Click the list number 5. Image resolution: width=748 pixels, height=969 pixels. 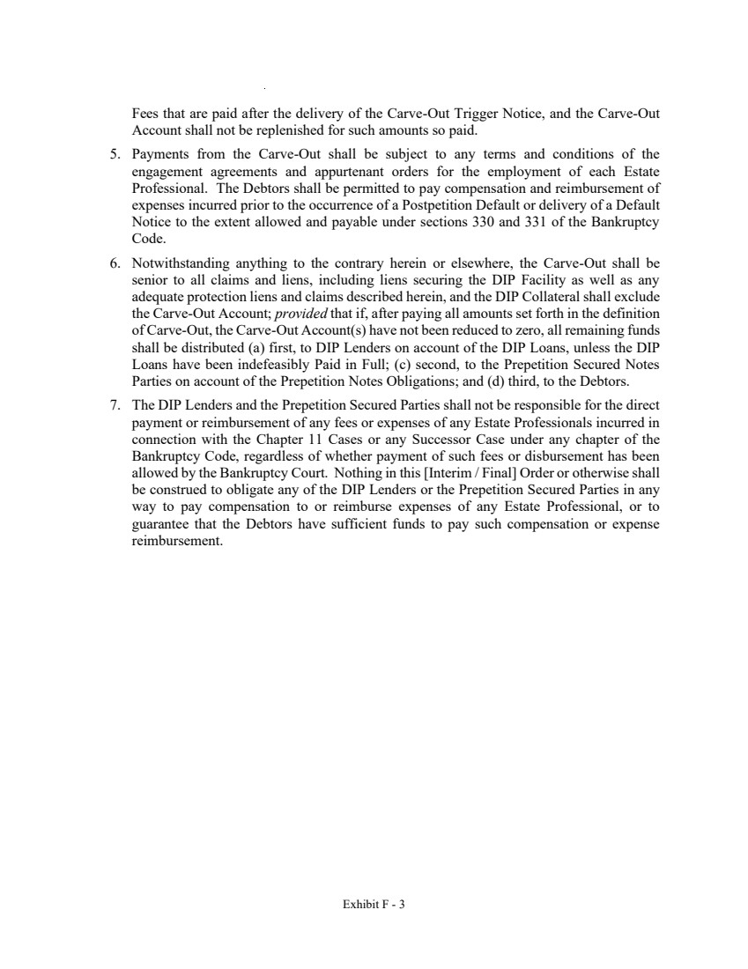click(x=114, y=153)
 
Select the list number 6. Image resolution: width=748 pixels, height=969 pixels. click(x=114, y=262)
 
